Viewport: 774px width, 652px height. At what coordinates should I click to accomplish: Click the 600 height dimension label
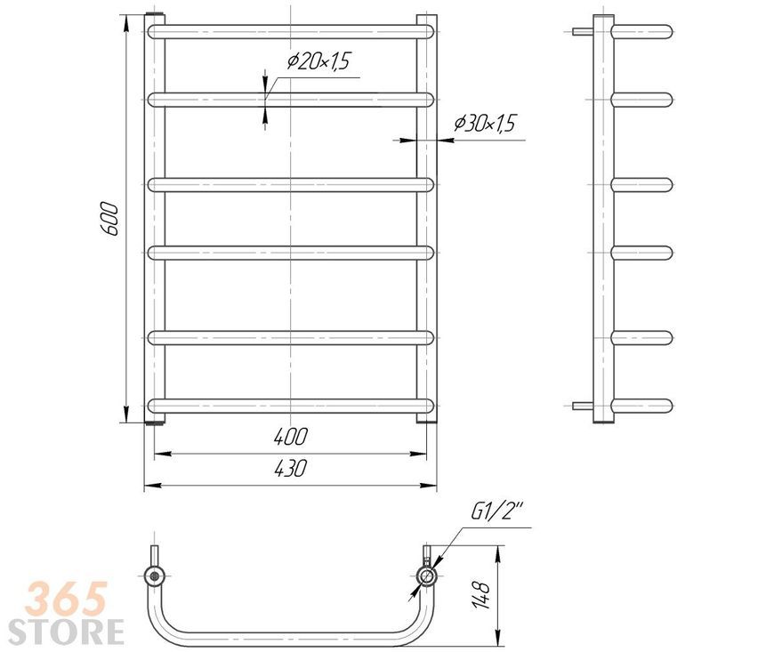point(109,219)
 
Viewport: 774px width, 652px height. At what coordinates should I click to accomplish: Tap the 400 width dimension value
point(291,437)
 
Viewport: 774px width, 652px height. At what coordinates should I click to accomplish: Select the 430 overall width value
point(291,468)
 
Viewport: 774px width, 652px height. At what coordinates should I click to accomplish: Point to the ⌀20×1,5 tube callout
point(318,61)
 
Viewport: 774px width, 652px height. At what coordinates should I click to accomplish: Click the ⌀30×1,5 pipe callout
point(485,123)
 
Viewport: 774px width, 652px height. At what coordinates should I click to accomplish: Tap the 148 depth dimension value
point(481,595)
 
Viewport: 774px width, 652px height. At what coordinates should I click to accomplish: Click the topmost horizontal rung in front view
point(291,32)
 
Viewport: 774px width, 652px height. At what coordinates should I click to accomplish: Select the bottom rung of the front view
point(291,406)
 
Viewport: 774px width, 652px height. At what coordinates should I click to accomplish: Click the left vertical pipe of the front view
point(155,219)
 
